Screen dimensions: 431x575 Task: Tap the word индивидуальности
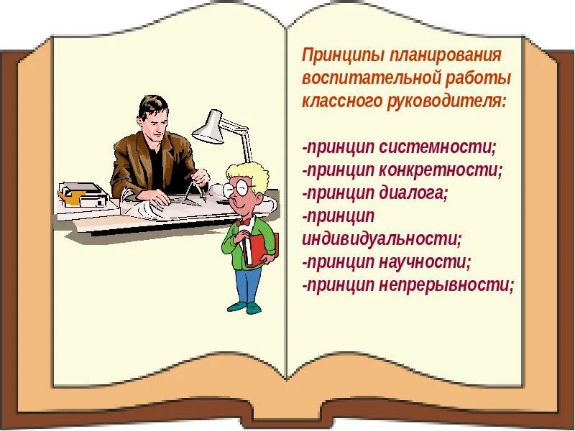click(x=381, y=238)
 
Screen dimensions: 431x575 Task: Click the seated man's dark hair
click(x=153, y=108)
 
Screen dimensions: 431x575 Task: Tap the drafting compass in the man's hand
click(x=191, y=189)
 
